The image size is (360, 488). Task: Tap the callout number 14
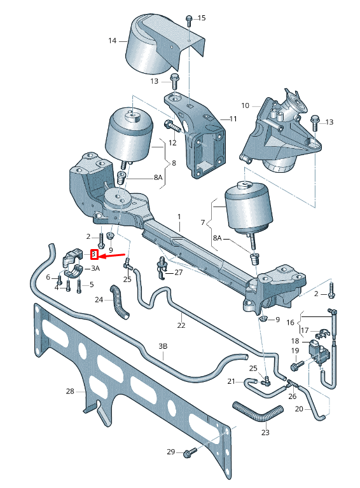click(113, 41)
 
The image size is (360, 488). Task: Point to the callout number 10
click(245, 105)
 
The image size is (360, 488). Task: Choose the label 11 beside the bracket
click(233, 119)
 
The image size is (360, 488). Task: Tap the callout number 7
click(203, 224)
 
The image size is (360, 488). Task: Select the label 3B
click(163, 346)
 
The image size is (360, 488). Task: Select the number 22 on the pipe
click(181, 325)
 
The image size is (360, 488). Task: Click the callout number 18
click(294, 341)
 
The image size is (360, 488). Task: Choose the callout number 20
click(299, 409)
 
